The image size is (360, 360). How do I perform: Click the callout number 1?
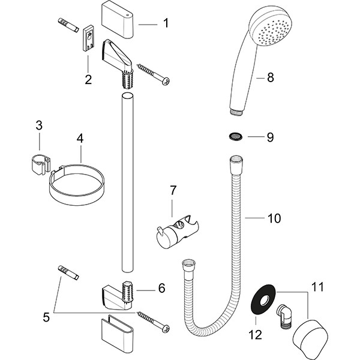tap(166, 24)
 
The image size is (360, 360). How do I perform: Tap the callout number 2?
tap(88, 79)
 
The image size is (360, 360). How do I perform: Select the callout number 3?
tap(39, 125)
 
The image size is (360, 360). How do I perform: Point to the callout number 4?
tap(79, 138)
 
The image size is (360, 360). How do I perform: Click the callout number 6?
tap(161, 289)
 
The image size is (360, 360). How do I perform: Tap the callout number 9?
tap(270, 137)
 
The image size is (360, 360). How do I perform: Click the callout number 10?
tap(273, 218)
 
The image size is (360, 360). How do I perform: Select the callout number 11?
tap(316, 287)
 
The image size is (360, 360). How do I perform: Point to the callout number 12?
tap(256, 335)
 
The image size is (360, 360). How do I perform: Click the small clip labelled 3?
tap(39, 164)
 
